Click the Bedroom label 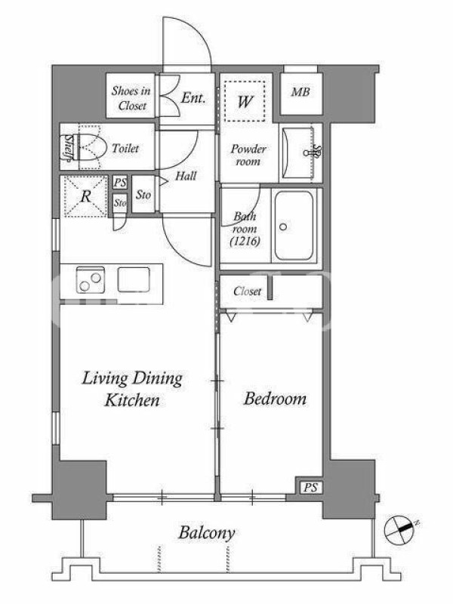pyautogui.click(x=275, y=399)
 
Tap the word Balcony pyautogui.click(x=206, y=534)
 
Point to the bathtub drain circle pyautogui.click(x=283, y=227)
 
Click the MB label pyautogui.click(x=300, y=92)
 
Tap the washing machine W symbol pyautogui.click(x=245, y=102)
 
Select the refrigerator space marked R pyautogui.click(x=85, y=196)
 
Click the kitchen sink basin pyautogui.click(x=134, y=279)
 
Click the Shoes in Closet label pyautogui.click(x=131, y=98)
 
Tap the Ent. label pyautogui.click(x=193, y=98)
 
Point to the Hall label pyautogui.click(x=186, y=176)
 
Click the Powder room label pyautogui.click(x=248, y=155)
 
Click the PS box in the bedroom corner pyautogui.click(x=311, y=488)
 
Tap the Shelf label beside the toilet pyautogui.click(x=68, y=147)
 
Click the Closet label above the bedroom pyautogui.click(x=247, y=291)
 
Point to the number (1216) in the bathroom pyautogui.click(x=245, y=242)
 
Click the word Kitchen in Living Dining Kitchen pyautogui.click(x=132, y=400)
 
